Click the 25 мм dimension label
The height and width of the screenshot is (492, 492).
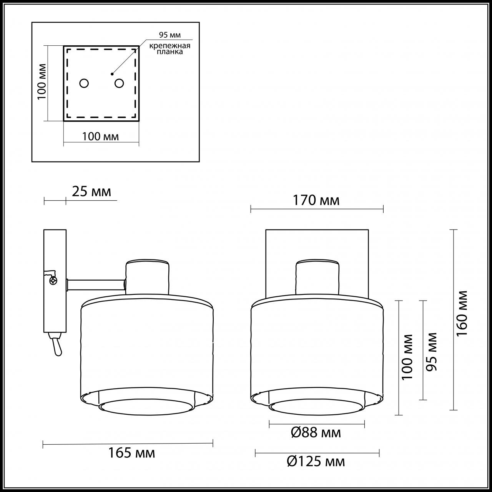[x=91, y=191]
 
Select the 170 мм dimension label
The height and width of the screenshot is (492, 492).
[x=316, y=200]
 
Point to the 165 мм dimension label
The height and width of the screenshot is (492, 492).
[x=131, y=453]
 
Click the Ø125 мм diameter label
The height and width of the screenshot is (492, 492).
[x=316, y=461]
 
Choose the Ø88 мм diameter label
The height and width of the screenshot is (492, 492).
[x=316, y=433]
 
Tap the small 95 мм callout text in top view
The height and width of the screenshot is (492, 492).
[x=170, y=35]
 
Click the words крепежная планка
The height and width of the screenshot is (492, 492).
[x=170, y=49]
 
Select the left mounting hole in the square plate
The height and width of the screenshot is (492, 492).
[x=84, y=83]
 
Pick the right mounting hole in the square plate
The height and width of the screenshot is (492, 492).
[x=119, y=83]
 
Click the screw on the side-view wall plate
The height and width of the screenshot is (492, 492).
[x=53, y=281]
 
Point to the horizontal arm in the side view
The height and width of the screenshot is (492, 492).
[x=96, y=285]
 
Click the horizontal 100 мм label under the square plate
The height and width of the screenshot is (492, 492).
[x=100, y=136]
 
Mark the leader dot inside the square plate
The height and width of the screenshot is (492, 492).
[x=112, y=73]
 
